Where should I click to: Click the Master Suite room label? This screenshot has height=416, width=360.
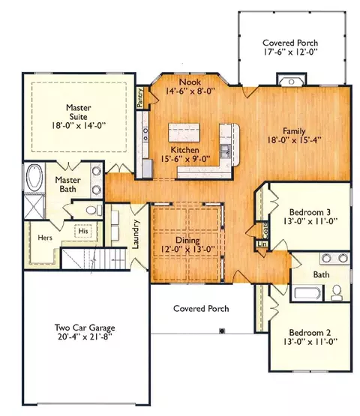click(x=79, y=112)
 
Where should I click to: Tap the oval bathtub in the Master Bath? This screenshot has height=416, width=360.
click(x=34, y=177)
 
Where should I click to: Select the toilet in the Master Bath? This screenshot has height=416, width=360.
click(x=93, y=210)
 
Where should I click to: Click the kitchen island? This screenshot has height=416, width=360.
click(x=184, y=133)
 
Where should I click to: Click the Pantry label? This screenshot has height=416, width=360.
click(x=140, y=97)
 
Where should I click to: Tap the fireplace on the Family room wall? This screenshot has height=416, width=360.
click(x=291, y=82)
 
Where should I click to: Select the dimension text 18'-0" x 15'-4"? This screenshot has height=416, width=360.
click(x=294, y=140)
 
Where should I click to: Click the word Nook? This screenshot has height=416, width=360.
click(x=190, y=82)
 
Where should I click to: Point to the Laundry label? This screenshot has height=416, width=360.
click(x=136, y=234)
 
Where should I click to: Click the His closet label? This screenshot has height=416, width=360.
click(x=83, y=231)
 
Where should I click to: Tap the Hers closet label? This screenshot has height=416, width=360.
click(x=45, y=238)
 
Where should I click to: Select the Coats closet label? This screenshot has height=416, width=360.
click(x=265, y=230)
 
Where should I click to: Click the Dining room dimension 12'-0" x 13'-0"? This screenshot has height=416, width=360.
click(x=187, y=250)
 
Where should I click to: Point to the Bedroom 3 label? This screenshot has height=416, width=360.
click(x=310, y=212)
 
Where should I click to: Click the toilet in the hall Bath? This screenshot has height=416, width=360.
click(x=337, y=293)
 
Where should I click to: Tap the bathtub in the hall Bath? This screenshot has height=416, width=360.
click(x=307, y=293)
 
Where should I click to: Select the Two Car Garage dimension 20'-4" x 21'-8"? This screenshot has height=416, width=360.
click(x=85, y=337)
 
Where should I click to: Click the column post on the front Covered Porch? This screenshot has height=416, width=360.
click(x=222, y=331)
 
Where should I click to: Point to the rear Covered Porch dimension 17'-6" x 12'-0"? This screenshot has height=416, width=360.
click(x=290, y=52)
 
